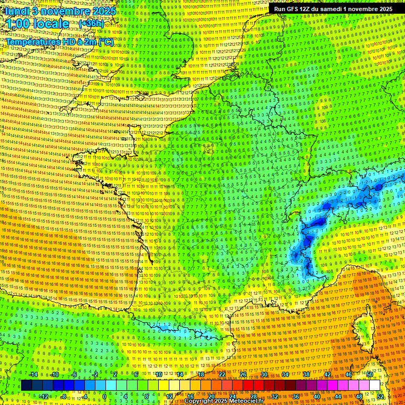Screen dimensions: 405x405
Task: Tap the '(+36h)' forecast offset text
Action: pyautogui.click(x=91, y=23)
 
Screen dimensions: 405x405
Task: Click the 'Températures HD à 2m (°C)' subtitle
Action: pyautogui.click(x=60, y=41)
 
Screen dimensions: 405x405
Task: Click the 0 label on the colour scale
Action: pyautogui.click(x=105, y=396)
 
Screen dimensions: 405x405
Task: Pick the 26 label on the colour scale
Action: pyautogui.click(x=243, y=374)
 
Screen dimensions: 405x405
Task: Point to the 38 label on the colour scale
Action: pyautogui.click(x=306, y=374)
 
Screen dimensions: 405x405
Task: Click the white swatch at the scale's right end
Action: pyautogui.click(x=374, y=385)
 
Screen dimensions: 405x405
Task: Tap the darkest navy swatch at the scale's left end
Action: pyautogui.click(x=26, y=385)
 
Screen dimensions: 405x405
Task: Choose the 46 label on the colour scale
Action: pyautogui.click(x=349, y=374)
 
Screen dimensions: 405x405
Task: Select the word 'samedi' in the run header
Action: pyautogui.click(x=328, y=9)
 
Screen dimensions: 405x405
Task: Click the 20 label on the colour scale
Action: pyautogui.click(x=211, y=396)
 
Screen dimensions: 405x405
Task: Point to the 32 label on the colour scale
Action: pyautogui.click(x=275, y=396)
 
